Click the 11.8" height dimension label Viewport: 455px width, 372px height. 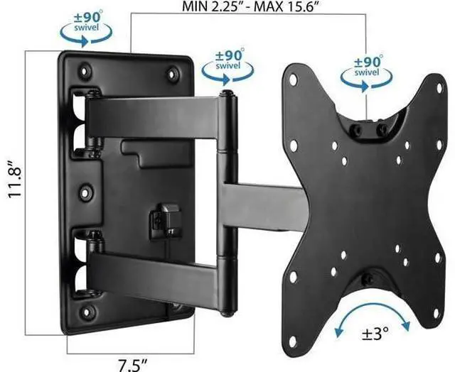(x=14, y=178)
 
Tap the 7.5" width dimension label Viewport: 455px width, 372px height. (x=132, y=365)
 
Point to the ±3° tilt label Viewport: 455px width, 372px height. (x=375, y=334)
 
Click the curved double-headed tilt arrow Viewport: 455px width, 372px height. (x=373, y=306)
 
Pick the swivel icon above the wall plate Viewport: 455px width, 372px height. (x=86, y=28)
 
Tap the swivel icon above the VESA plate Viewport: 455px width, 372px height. (x=366, y=73)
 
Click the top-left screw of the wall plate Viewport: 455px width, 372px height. (x=85, y=71)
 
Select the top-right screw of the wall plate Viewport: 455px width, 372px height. (x=173, y=74)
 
